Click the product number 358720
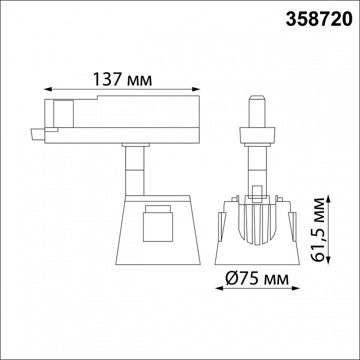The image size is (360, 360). pyautogui.click(x=319, y=19)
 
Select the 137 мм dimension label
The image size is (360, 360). pyautogui.click(x=122, y=79)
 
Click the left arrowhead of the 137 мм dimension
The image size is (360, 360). pyautogui.click(x=47, y=89)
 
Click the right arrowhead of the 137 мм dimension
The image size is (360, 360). pyautogui.click(x=196, y=89)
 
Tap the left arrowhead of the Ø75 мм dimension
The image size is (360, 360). pyautogui.click(x=219, y=288)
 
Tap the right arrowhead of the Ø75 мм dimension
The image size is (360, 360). pyautogui.click(x=295, y=288)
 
